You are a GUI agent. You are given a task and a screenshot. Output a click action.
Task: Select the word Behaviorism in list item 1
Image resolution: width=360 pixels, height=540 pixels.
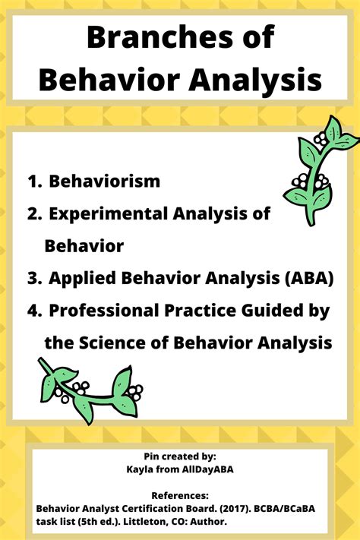coord(104,181)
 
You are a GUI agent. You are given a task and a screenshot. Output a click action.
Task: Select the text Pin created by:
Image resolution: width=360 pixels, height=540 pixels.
coord(180,456)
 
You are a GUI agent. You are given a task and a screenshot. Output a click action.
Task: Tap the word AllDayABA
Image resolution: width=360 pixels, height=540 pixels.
coord(204,469)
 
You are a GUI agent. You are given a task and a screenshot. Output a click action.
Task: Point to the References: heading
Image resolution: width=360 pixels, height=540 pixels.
coord(180,493)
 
